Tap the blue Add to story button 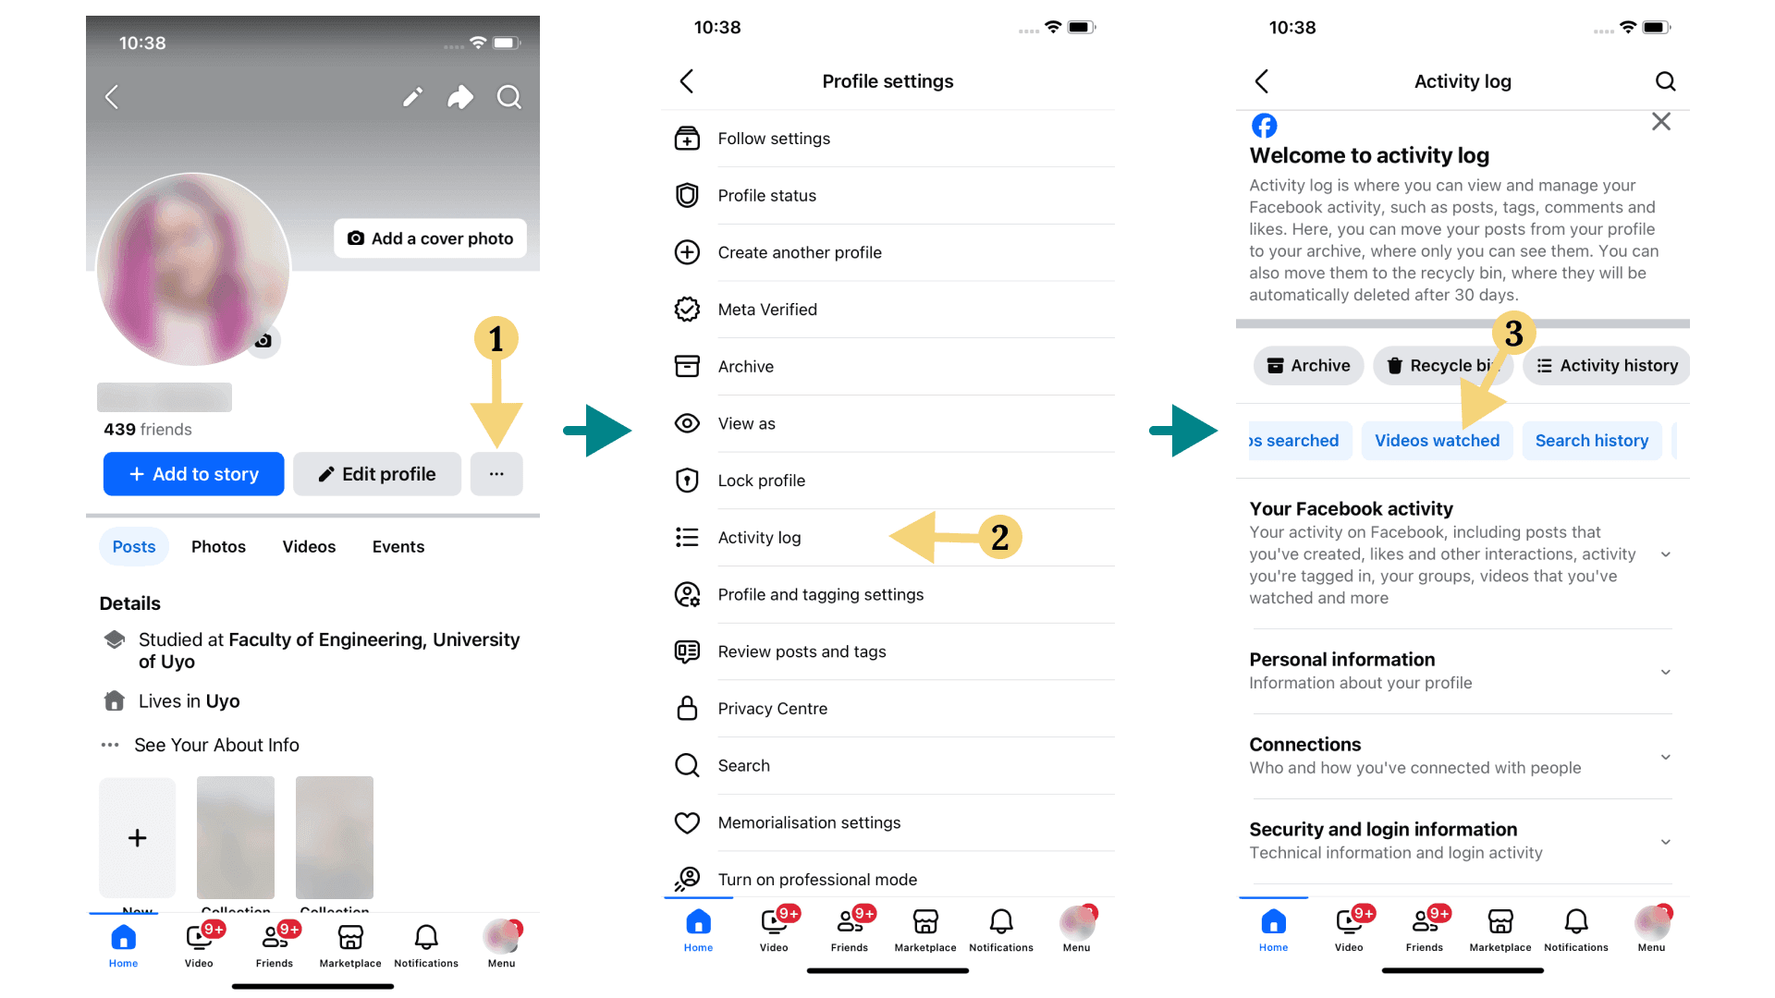[193, 474]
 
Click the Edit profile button [377, 474]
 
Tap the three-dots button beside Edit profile [496, 474]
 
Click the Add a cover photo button [430, 238]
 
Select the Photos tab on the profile [218, 547]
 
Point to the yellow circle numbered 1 [496, 339]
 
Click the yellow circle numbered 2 [999, 537]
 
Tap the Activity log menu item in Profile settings [759, 538]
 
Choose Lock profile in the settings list [761, 481]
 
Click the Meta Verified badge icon [687, 310]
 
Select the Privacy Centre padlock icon [687, 709]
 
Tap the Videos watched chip [1437, 441]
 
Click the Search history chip [1591, 441]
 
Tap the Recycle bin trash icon [1394, 366]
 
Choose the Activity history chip [1607, 366]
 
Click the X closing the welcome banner [1660, 122]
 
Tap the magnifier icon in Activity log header [1665, 81]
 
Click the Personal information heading [1341, 660]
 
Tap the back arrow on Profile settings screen [687, 81]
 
